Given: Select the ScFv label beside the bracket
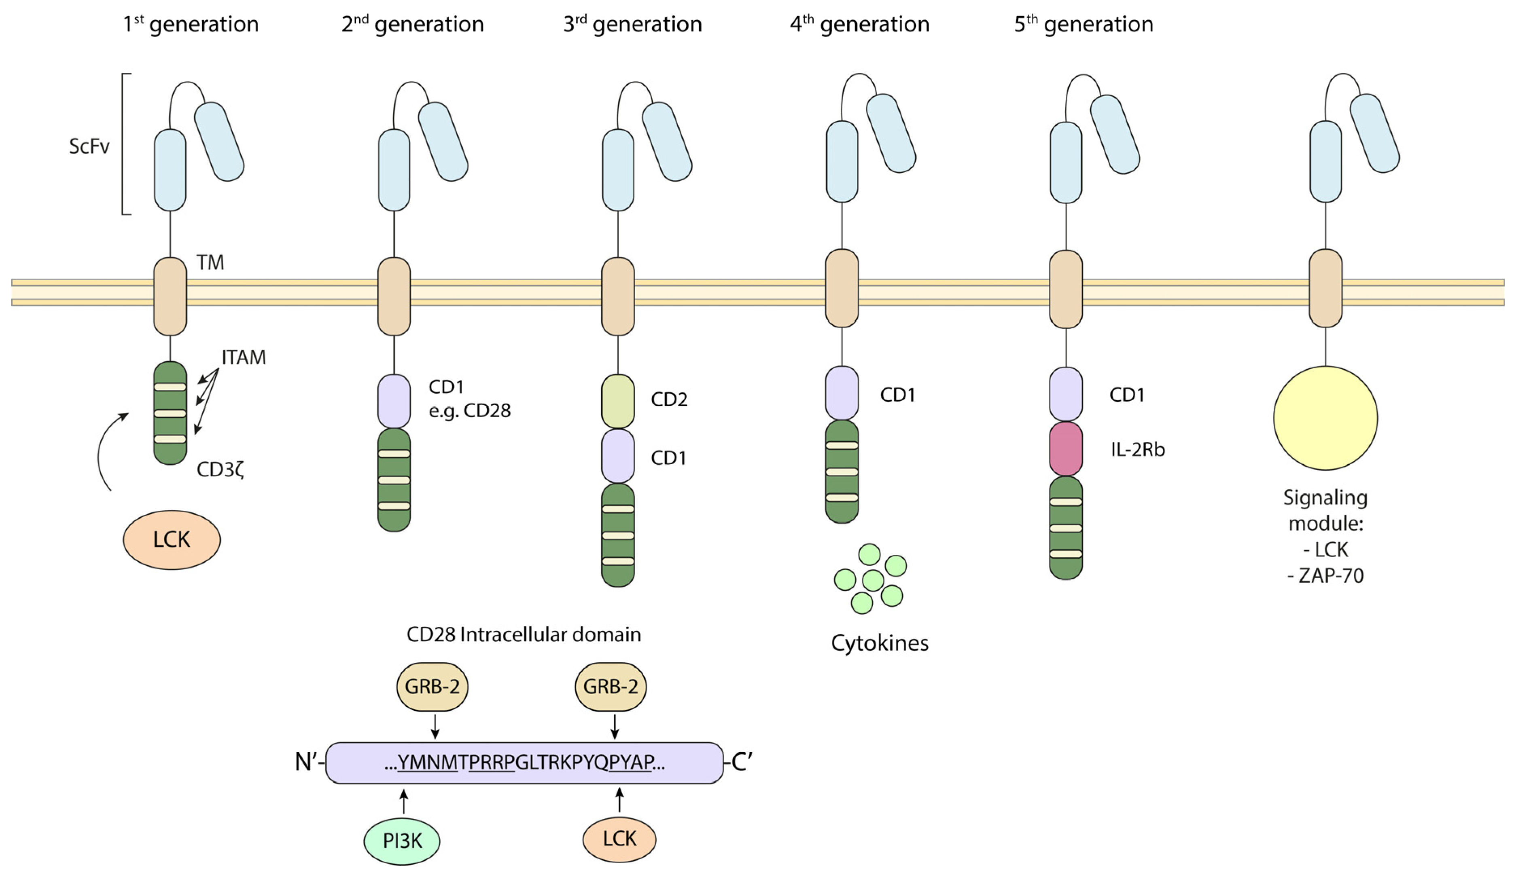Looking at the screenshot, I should point(89,146).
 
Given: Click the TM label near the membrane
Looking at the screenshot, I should point(210,262).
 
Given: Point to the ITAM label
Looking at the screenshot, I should point(243,357).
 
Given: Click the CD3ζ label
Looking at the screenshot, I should point(220,469).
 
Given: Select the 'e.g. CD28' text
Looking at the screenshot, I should point(469,411).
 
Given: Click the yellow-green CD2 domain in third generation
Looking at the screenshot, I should point(617,401).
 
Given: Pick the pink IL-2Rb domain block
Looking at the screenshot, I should point(1065,448).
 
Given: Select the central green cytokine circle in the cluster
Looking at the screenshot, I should point(872,580).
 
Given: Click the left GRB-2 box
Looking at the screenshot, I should point(432,687).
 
